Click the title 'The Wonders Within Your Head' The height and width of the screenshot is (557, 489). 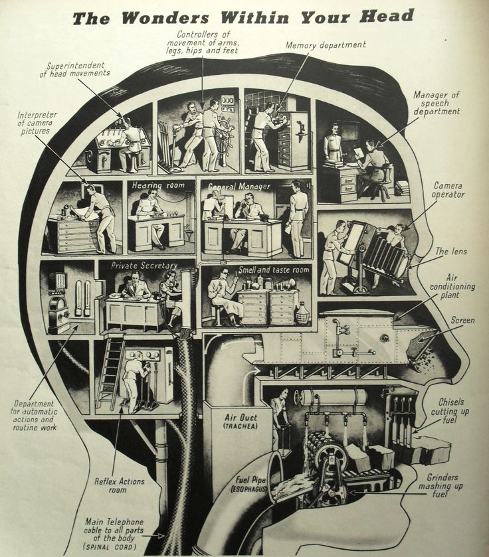(x=243, y=17)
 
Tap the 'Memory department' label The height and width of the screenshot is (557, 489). (x=326, y=45)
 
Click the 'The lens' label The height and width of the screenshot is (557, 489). (x=450, y=252)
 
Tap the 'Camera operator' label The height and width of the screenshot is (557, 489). (x=449, y=190)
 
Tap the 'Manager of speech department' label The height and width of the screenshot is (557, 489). (x=437, y=103)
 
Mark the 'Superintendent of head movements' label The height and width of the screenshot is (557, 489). (x=78, y=69)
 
